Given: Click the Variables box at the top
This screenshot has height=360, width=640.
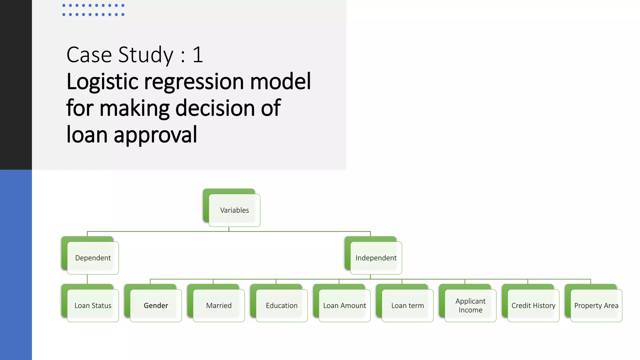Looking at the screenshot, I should tap(234, 210).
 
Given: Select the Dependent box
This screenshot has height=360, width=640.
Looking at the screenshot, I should tap(93, 258).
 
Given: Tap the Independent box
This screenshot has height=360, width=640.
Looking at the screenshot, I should tap(376, 258).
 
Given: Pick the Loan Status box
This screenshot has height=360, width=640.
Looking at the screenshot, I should tap(93, 306).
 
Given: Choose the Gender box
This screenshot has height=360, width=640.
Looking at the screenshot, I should tap(156, 306).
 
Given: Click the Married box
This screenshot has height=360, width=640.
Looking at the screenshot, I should tap(219, 306).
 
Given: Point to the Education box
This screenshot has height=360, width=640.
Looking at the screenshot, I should tap(282, 306).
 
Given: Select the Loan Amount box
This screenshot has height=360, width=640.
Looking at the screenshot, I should tap(344, 306).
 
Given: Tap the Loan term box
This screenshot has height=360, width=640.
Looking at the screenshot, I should tap(407, 306).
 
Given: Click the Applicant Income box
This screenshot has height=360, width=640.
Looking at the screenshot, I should tap(470, 306).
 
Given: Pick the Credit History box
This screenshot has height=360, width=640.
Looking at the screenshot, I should tap(533, 306).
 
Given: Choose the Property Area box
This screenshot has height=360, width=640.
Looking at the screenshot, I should tap(596, 306).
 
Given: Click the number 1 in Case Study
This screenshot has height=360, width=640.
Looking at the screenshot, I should tap(197, 55).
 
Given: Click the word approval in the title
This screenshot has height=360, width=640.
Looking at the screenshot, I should tap(155, 135).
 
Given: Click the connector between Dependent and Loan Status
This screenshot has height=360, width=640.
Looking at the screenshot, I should tap(87, 279).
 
